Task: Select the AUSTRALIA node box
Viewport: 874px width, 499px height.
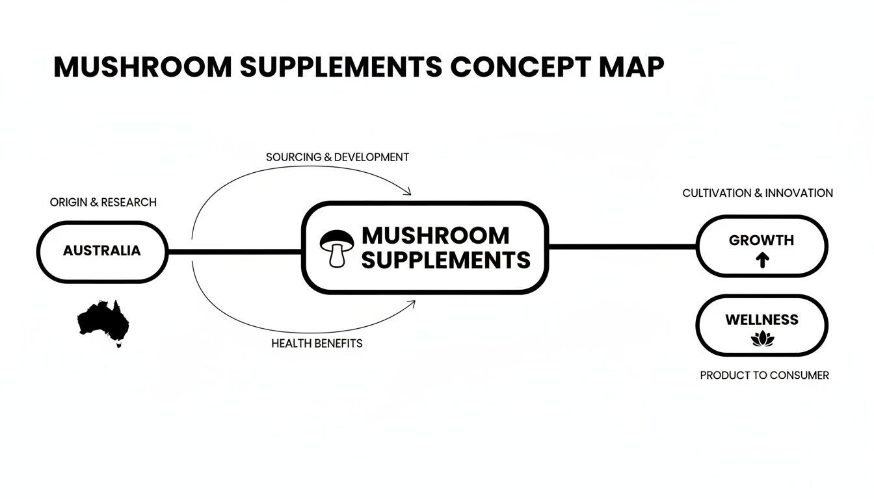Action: (102, 251)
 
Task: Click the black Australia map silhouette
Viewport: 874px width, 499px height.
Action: (104, 320)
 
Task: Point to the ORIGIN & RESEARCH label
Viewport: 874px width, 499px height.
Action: (103, 202)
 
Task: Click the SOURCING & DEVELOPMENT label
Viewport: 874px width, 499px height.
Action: (338, 157)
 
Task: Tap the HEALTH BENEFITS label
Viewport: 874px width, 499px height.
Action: (317, 343)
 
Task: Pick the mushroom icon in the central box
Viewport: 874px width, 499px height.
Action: (337, 248)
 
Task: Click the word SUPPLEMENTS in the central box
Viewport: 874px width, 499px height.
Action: (445, 260)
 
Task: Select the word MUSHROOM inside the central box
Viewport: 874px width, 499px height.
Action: (435, 235)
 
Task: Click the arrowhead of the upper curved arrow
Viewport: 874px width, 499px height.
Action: (408, 192)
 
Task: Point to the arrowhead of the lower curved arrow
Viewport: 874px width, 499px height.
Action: (411, 303)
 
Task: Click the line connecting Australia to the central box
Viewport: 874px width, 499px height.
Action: (234, 251)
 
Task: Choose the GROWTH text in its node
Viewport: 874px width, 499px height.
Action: (761, 240)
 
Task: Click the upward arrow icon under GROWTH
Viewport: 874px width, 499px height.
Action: (762, 261)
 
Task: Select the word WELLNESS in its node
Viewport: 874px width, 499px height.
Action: (761, 320)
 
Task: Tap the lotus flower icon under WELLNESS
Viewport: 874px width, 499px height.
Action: (761, 339)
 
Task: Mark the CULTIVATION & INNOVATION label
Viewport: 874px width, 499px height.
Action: (758, 193)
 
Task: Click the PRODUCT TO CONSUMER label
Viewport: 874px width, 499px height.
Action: (764, 376)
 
